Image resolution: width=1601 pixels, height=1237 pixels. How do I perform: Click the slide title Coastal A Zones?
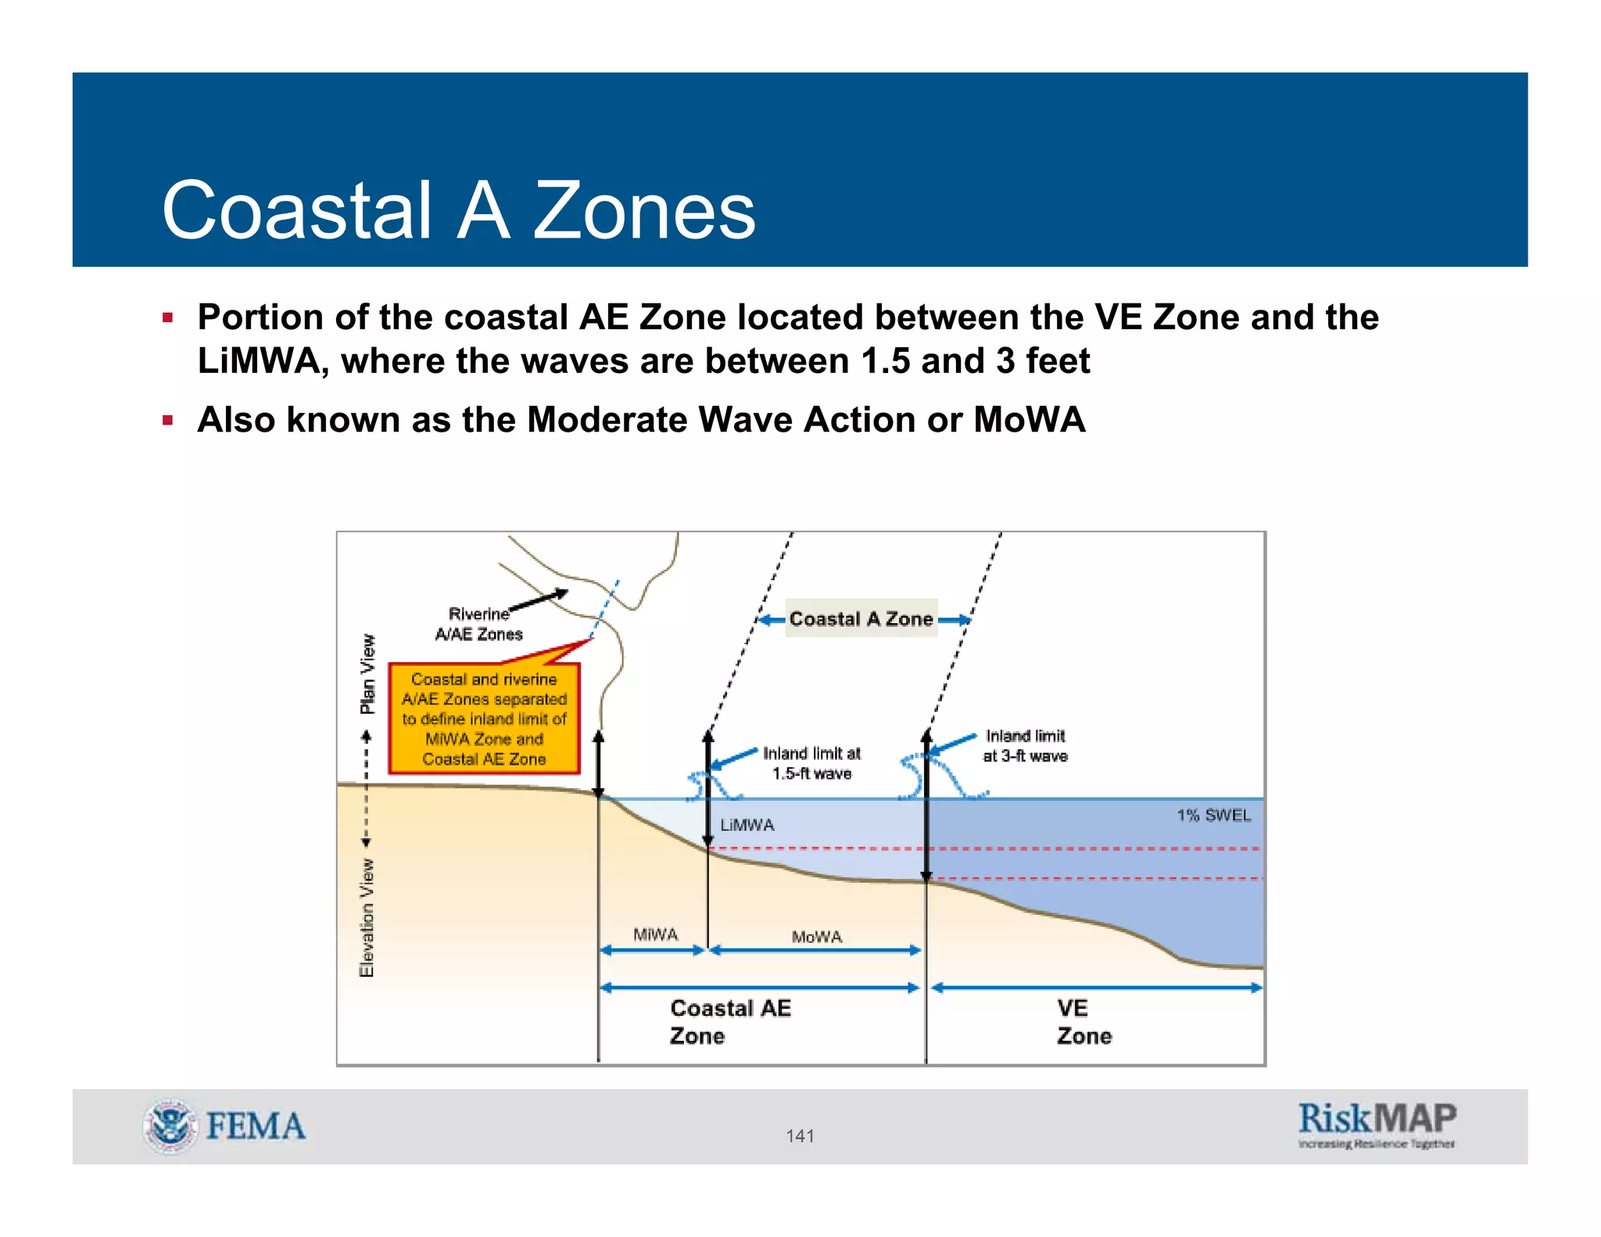tap(458, 210)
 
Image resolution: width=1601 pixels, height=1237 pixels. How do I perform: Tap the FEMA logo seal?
tap(170, 1127)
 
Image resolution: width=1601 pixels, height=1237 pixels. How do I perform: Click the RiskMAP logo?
tap(1377, 1124)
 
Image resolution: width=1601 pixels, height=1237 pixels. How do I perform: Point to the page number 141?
tap(800, 1135)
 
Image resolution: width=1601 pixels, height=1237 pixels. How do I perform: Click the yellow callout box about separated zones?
tap(484, 719)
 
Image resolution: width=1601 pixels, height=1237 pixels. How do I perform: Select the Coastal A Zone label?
tap(861, 618)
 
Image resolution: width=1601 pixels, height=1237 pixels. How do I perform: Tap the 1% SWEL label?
tap(1213, 815)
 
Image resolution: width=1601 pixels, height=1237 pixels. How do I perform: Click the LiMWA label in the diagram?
tap(747, 825)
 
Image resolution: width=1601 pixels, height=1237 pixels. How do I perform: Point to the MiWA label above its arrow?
tap(655, 934)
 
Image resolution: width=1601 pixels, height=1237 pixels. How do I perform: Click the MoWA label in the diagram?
tap(816, 936)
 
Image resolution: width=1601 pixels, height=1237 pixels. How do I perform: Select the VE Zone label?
tap(1083, 1022)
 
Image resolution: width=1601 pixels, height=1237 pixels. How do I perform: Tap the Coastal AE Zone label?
tap(730, 1022)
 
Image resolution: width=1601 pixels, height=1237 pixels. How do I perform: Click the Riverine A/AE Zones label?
tap(478, 624)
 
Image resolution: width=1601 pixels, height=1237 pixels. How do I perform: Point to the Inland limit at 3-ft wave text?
tap(1025, 746)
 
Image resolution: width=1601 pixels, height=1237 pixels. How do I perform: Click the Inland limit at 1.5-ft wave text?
tap(811, 763)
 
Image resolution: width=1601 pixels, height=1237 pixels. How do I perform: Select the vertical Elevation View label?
tap(367, 917)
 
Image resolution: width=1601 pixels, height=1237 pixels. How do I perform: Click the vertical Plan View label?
tap(367, 674)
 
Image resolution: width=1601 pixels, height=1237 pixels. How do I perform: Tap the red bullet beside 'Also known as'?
tap(167, 420)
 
